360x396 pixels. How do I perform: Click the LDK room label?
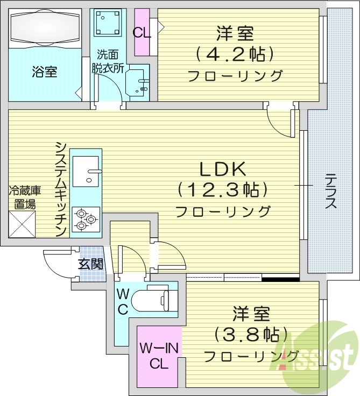223,170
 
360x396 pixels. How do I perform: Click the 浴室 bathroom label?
45,72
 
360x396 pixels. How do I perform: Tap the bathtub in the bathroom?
45,27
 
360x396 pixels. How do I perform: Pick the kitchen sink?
86,171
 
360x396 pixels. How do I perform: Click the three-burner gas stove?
86,218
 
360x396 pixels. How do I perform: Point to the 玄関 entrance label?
90,264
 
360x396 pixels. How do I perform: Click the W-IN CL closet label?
158,356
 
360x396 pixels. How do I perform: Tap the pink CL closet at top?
142,32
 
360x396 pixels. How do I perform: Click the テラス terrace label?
330,191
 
